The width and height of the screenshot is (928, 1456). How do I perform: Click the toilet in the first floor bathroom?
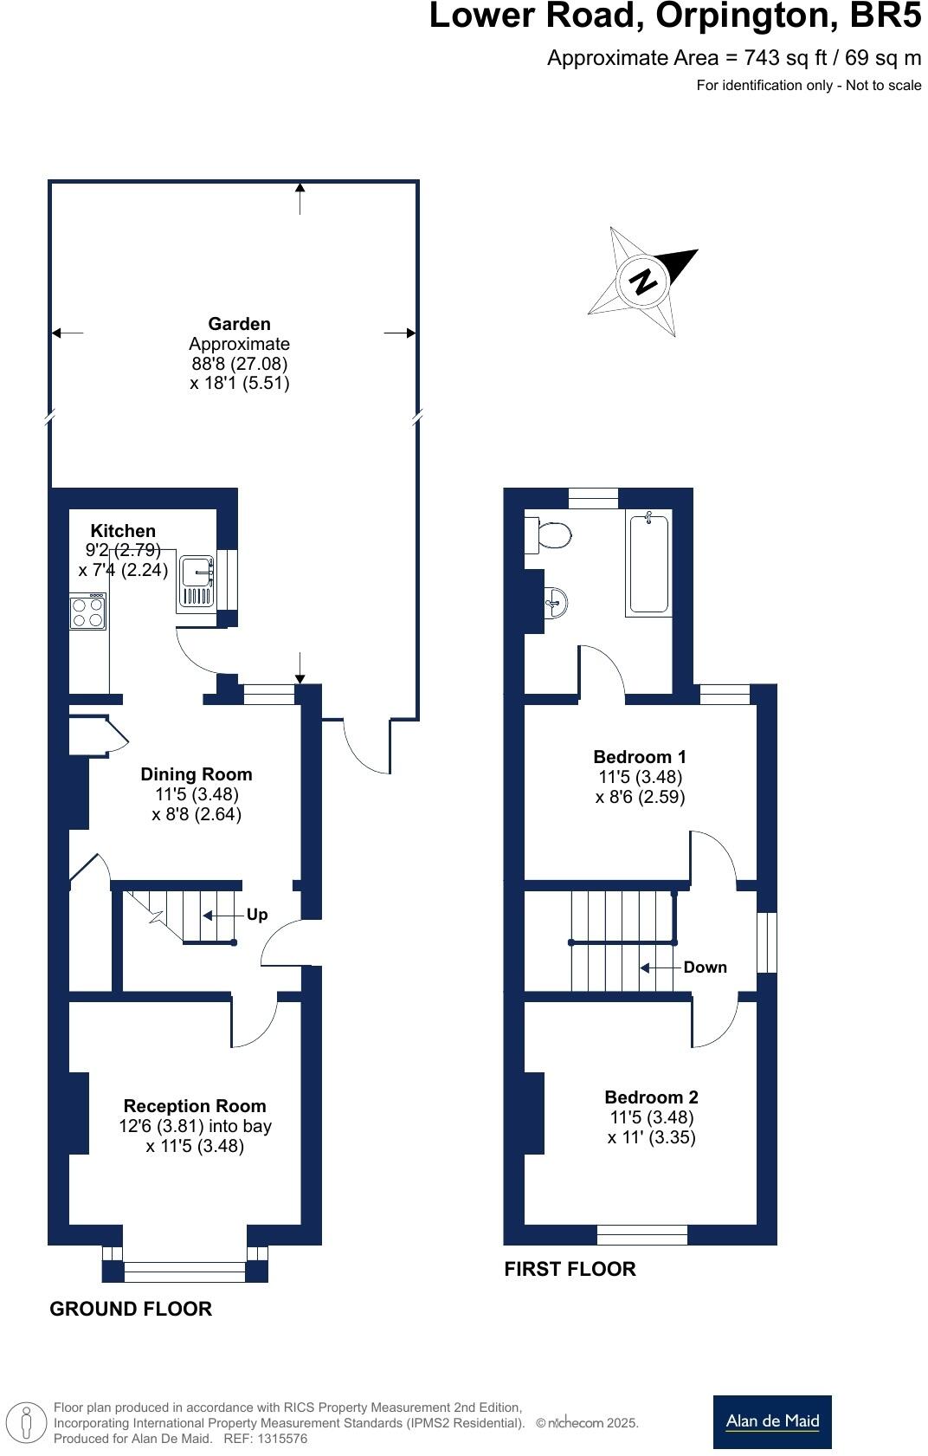[549, 534]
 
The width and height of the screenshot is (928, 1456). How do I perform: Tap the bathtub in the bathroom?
[649, 563]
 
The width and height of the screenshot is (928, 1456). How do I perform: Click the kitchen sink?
[198, 582]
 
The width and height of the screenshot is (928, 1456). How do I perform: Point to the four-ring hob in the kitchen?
[87, 611]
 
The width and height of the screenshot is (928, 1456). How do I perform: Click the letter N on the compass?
[643, 281]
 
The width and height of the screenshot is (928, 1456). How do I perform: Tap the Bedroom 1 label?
[640, 757]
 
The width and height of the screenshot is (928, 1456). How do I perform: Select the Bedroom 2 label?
[651, 1097]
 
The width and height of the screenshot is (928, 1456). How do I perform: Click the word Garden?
[239, 324]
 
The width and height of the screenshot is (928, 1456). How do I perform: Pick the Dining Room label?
[197, 774]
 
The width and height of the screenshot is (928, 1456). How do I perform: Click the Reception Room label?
[195, 1106]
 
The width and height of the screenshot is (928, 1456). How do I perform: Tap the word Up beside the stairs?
[257, 915]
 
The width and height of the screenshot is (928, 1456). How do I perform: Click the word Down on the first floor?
[705, 967]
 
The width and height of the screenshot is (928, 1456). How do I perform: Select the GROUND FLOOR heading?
[131, 1309]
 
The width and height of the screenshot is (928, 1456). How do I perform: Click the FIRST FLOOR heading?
[570, 1269]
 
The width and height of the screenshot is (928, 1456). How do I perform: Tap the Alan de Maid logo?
[772, 1421]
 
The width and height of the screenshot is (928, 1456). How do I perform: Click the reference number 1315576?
[279, 1439]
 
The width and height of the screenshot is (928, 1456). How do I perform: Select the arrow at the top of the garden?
[300, 198]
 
